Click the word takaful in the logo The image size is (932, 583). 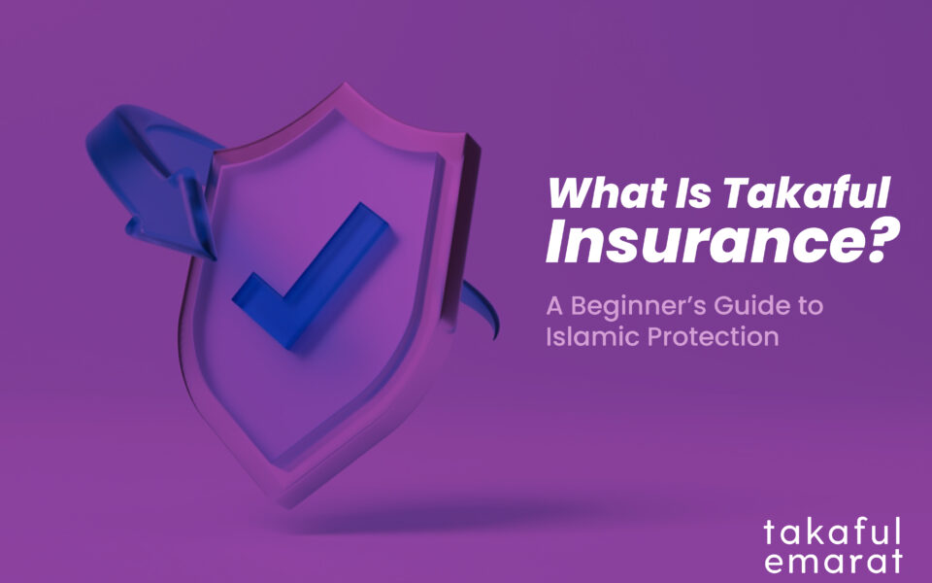832,532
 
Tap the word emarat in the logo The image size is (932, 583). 832,562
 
